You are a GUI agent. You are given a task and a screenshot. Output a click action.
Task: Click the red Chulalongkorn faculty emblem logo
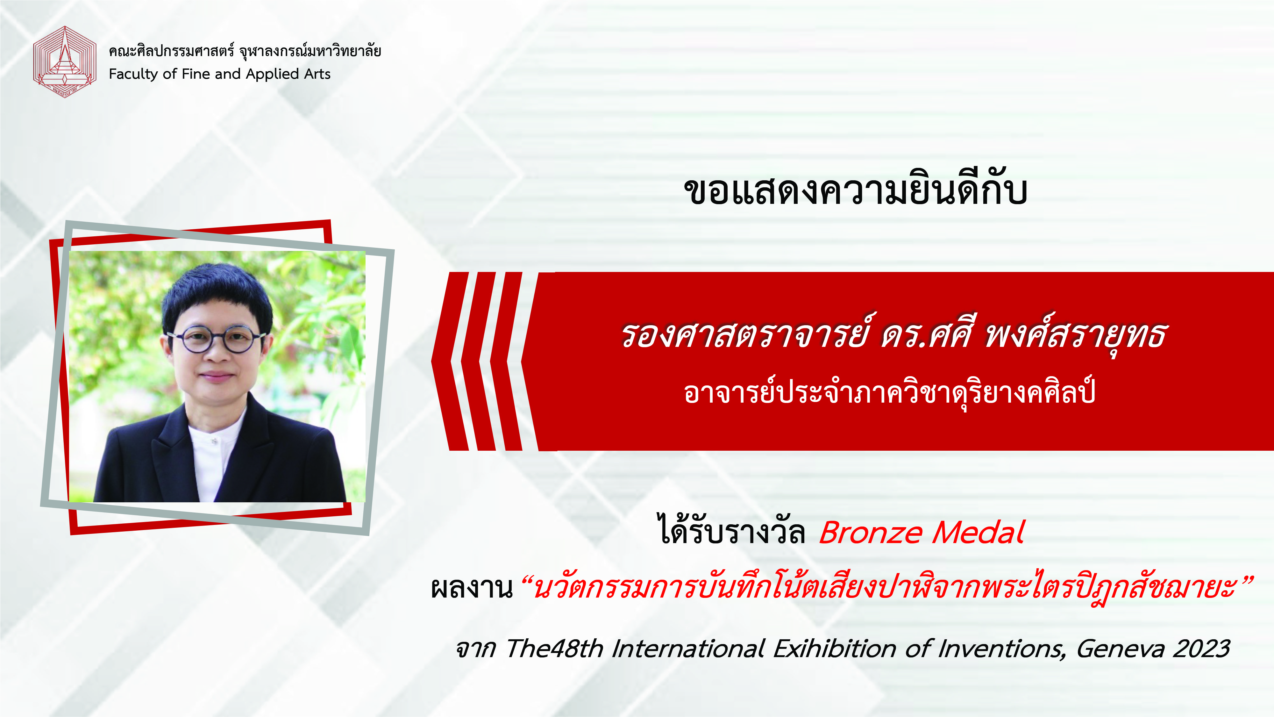tap(64, 62)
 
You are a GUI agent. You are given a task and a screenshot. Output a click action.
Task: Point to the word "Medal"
tap(978, 533)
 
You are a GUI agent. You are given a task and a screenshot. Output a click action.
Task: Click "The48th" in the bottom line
tap(554, 649)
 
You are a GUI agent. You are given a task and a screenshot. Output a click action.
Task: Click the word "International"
tap(688, 649)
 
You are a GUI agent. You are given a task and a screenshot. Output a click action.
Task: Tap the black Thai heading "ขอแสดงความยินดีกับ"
tap(856, 190)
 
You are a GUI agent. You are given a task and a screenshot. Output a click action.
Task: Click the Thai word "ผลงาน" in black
tap(471, 588)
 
